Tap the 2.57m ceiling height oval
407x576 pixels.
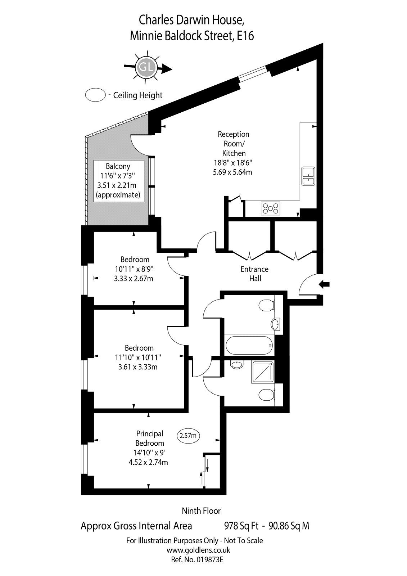pos(188,436)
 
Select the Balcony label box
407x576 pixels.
pos(118,181)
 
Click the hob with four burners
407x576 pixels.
pos(271,208)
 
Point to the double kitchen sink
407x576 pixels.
pos(308,176)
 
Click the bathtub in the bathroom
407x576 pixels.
pos(249,345)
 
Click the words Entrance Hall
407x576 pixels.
pos(254,274)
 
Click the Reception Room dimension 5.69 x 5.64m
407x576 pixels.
pos(232,172)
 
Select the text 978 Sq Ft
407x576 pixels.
pos(241,526)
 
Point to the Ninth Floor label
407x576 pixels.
pos(201,511)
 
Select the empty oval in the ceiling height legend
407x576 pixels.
pos(95,95)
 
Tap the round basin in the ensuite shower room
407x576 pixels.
pos(236,364)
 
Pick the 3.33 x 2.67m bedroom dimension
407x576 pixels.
pos(134,279)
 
